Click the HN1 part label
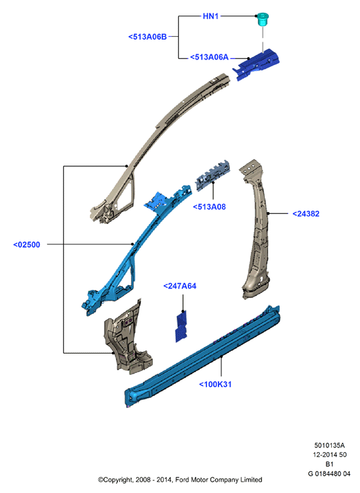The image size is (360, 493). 211,16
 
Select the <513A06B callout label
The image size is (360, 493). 147,37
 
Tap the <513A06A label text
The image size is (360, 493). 209,57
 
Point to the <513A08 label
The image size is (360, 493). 209,207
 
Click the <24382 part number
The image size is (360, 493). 306,214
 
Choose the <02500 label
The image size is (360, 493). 27,245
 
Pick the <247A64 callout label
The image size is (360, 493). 180,286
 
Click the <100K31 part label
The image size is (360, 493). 215,384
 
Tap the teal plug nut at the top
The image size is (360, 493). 263,19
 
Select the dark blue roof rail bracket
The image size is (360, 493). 256,64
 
